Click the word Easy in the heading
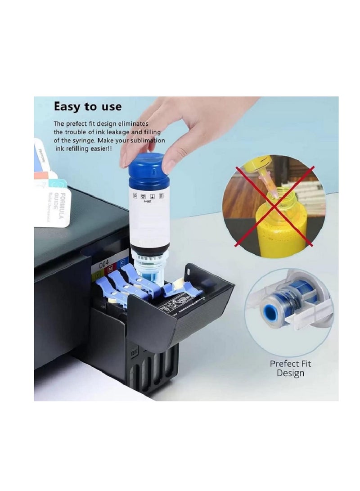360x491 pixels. click(x=67, y=107)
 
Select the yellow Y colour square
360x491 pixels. click(x=95, y=271)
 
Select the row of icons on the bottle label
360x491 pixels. click(x=148, y=196)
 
